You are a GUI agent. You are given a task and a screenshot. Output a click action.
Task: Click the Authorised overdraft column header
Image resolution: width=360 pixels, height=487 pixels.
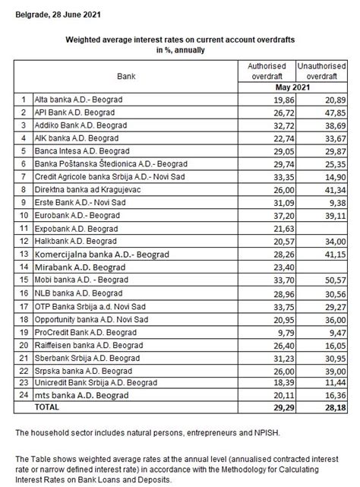pyautogui.click(x=267, y=71)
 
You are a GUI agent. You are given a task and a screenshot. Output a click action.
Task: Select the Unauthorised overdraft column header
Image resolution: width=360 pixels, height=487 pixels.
pyautogui.click(x=317, y=71)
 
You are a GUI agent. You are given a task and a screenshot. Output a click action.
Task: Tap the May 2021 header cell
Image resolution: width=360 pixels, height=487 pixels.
pyautogui.click(x=292, y=88)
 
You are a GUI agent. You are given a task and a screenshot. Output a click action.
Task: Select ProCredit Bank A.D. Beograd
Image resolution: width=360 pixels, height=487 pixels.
pyautogui.click(x=83, y=332)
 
